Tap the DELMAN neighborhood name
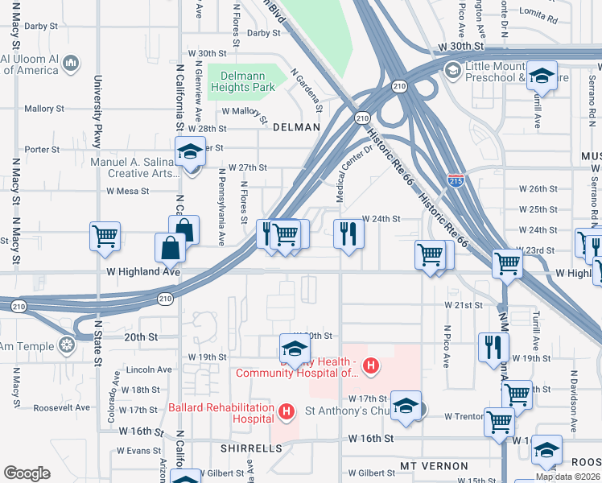tap(296, 127)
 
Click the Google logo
tap(27, 473)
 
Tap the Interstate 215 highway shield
tap(456, 180)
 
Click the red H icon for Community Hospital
tap(370, 367)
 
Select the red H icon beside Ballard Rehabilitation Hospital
tap(285, 413)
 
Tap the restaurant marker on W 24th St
tap(348, 234)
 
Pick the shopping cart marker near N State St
tap(105, 236)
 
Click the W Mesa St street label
tap(128, 192)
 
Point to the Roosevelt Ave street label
tap(60, 407)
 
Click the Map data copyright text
tap(567, 477)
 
